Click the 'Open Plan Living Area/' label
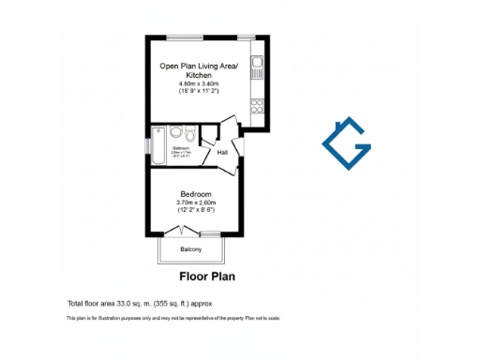pyautogui.click(x=198, y=65)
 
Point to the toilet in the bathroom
pyautogui.click(x=190, y=134)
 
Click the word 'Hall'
pyautogui.click(x=223, y=152)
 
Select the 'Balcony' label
pyautogui.click(x=191, y=248)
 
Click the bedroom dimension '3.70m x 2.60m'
pyautogui.click(x=195, y=203)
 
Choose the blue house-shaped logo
pyautogui.click(x=347, y=145)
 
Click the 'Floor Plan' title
pyautogui.click(x=206, y=277)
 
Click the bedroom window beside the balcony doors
pyautogui.click(x=211, y=233)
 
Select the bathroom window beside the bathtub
pyautogui.click(x=147, y=148)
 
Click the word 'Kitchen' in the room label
pyautogui.click(x=198, y=74)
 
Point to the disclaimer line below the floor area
pyautogui.click(x=173, y=319)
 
